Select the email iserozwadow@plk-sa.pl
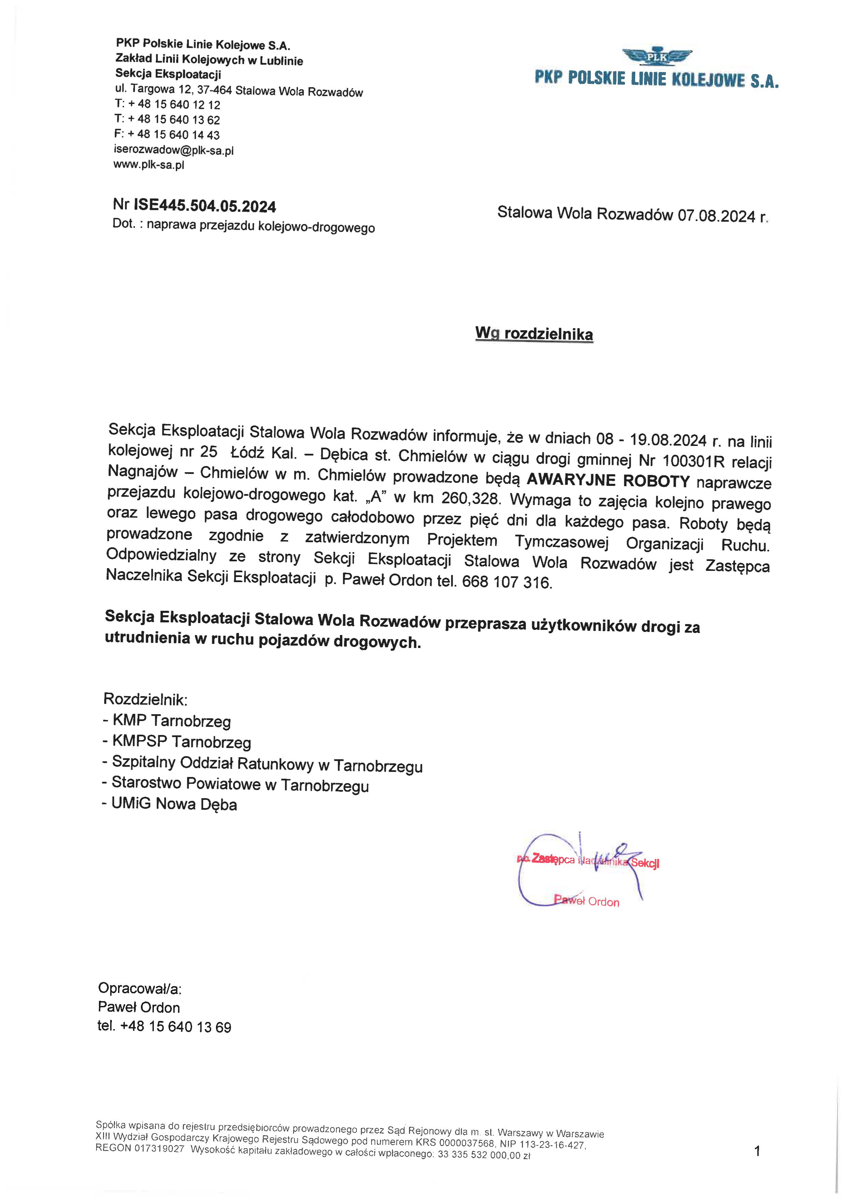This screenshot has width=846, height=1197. pos(174,151)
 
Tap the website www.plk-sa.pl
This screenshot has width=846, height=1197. pos(149,165)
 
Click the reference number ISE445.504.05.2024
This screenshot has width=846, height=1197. pos(205,206)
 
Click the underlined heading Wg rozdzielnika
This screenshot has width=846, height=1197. pos(534,334)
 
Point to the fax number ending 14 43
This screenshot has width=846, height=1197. pos(173,135)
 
